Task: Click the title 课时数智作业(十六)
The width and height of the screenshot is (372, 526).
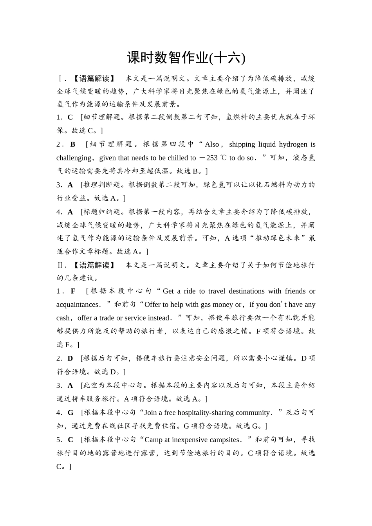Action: (x=186, y=58)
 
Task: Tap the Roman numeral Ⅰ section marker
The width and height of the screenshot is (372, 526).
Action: (x=60, y=79)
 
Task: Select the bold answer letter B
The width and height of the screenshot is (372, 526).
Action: (x=73, y=144)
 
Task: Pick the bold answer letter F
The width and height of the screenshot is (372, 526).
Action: (x=73, y=291)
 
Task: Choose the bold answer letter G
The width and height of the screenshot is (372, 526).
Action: (x=71, y=413)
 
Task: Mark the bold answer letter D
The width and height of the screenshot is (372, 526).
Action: (x=70, y=358)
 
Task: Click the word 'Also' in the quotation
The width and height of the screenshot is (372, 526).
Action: (x=212, y=144)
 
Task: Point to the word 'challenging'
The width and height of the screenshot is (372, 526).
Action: (x=74, y=158)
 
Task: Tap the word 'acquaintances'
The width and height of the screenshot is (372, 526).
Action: (x=77, y=304)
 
